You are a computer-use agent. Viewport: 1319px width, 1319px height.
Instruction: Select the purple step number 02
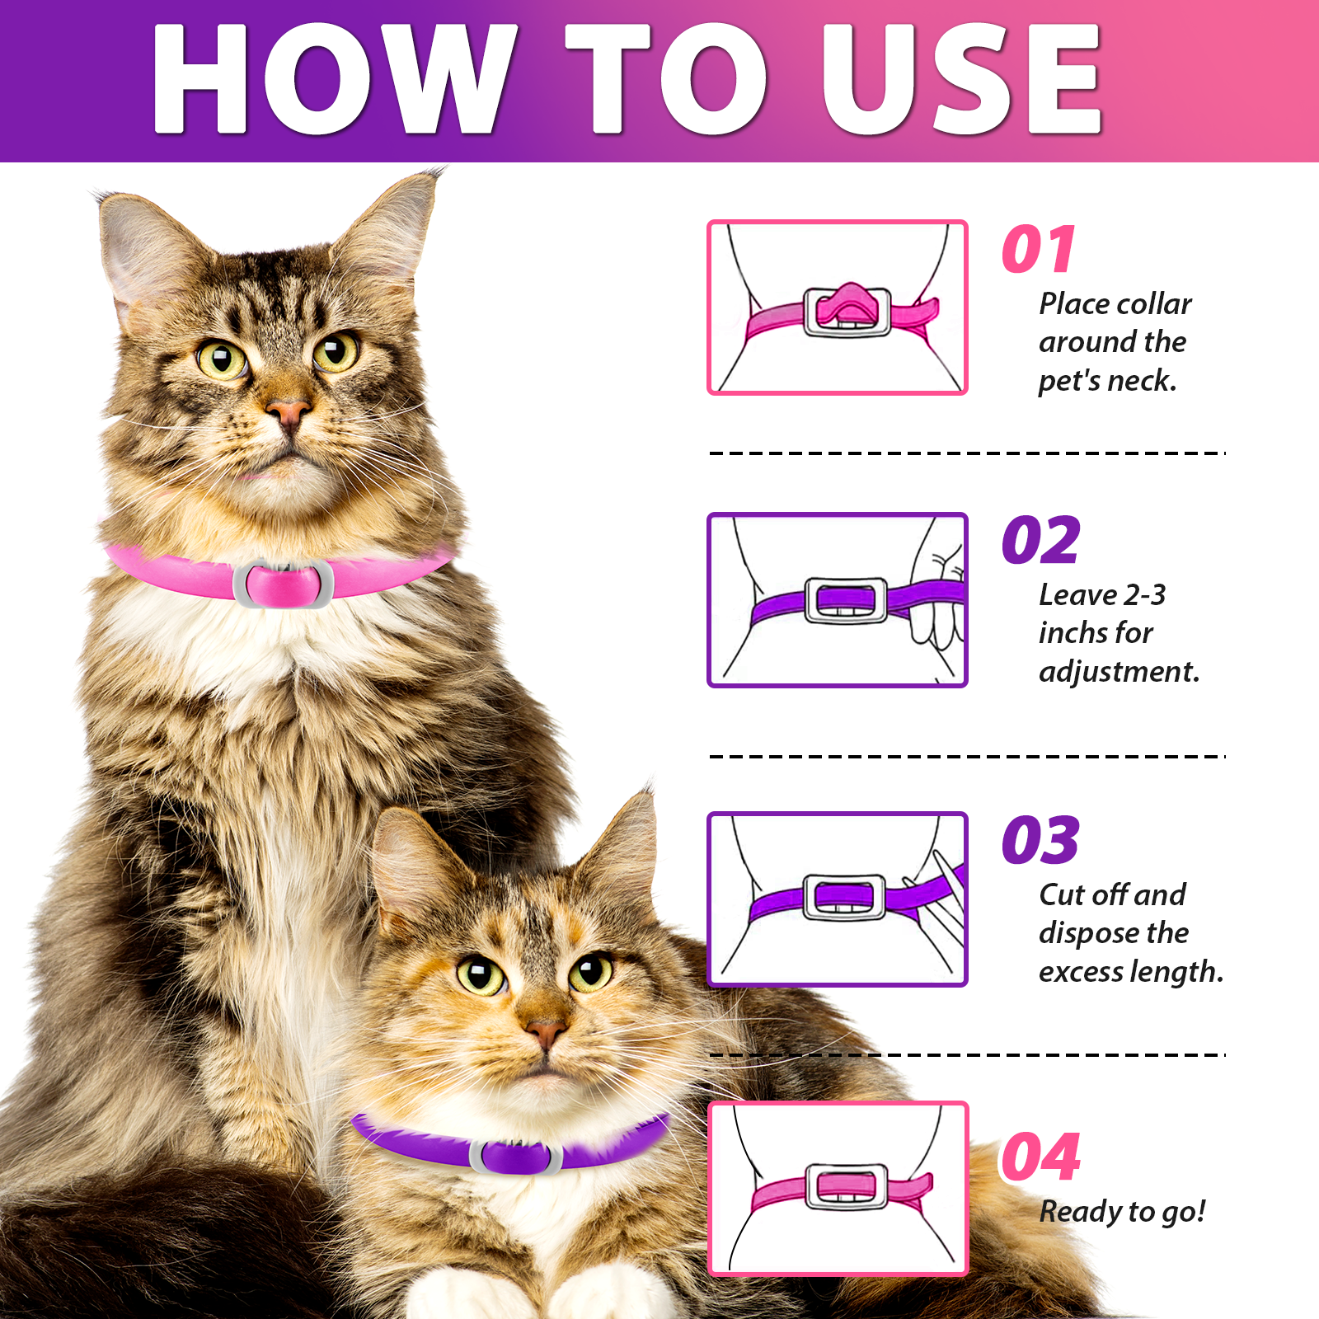point(1040,541)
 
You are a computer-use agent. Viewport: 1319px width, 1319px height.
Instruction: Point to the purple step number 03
point(1040,841)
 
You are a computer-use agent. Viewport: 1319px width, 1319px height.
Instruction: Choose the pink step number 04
point(1040,1157)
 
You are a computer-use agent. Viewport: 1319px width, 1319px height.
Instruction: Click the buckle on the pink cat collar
point(283,584)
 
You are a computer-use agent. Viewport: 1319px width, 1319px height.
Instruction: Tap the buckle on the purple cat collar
point(516,1157)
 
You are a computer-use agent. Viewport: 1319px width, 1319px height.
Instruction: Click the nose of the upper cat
point(289,411)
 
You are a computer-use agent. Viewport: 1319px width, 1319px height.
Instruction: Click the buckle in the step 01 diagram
point(847,311)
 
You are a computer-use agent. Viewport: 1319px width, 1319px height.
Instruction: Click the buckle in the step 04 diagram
point(847,1187)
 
